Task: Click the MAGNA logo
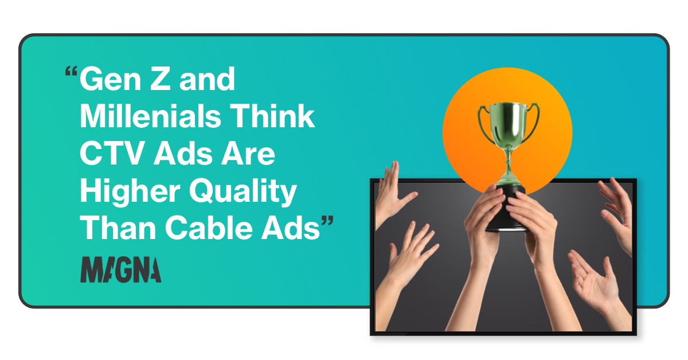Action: (x=120, y=269)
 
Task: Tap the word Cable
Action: (x=208, y=229)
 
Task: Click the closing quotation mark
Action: (x=327, y=223)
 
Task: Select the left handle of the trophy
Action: (x=483, y=118)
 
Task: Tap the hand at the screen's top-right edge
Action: (x=616, y=212)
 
